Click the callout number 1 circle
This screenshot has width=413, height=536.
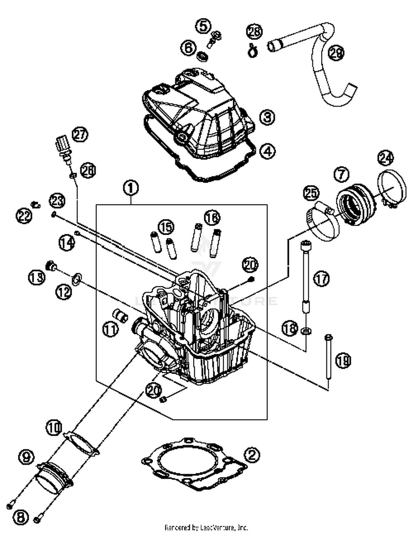tap(131, 188)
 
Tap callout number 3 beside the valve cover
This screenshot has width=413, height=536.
tap(267, 117)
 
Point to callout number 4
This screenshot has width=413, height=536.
tap(267, 151)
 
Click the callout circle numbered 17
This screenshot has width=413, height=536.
tap(322, 278)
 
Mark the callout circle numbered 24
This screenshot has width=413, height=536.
tap(385, 158)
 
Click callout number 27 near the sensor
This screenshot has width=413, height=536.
tap(80, 135)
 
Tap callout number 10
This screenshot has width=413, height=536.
tap(54, 428)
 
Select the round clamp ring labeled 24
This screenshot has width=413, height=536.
tap(392, 190)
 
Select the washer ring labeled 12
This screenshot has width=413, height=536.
tap(76, 279)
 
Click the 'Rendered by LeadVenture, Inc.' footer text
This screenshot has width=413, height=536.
tap(206, 528)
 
